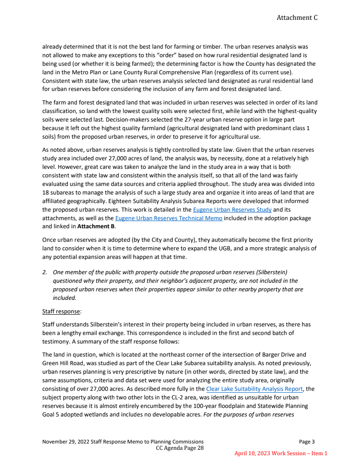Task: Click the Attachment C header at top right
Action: click(x=297, y=18)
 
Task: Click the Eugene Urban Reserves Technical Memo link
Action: click(x=169, y=218)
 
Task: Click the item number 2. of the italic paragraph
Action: click(x=45, y=272)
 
